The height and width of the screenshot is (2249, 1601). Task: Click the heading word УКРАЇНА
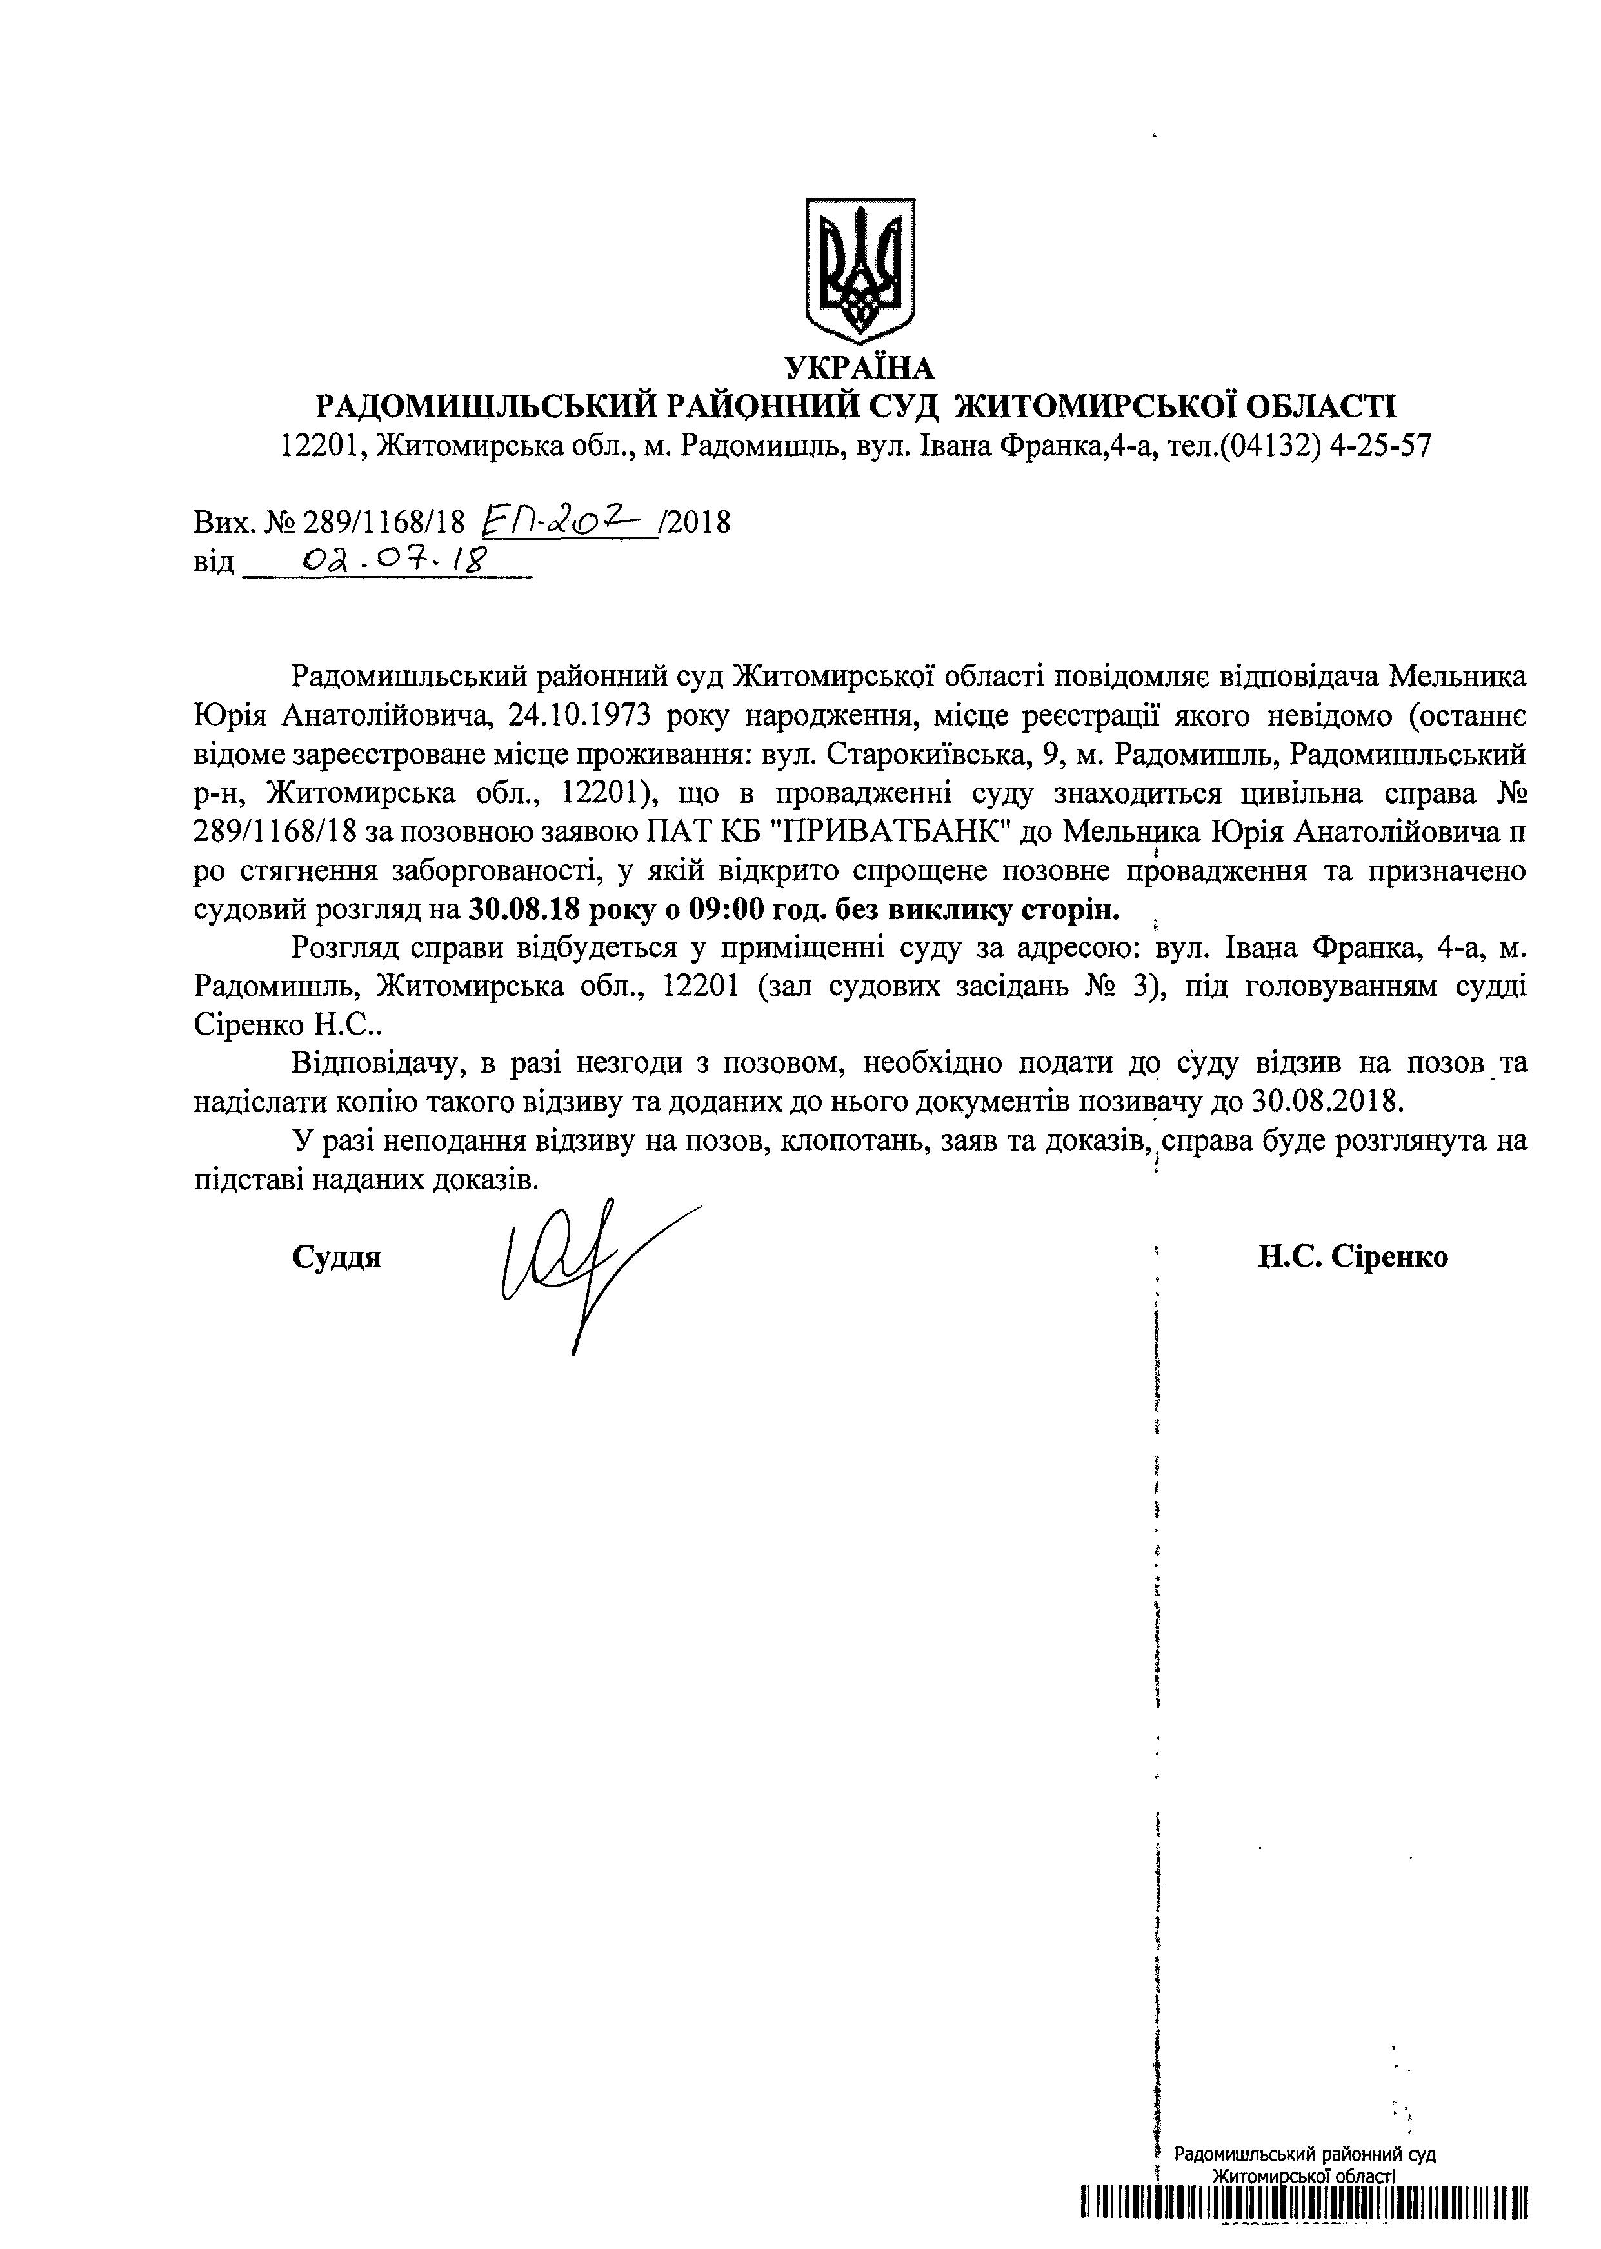(859, 368)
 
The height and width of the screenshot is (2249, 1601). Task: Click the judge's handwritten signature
(592, 1267)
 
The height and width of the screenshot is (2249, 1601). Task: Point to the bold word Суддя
(336, 1258)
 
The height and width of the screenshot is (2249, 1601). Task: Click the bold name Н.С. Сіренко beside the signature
(1353, 1258)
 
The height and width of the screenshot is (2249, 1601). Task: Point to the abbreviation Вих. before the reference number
(224, 521)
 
